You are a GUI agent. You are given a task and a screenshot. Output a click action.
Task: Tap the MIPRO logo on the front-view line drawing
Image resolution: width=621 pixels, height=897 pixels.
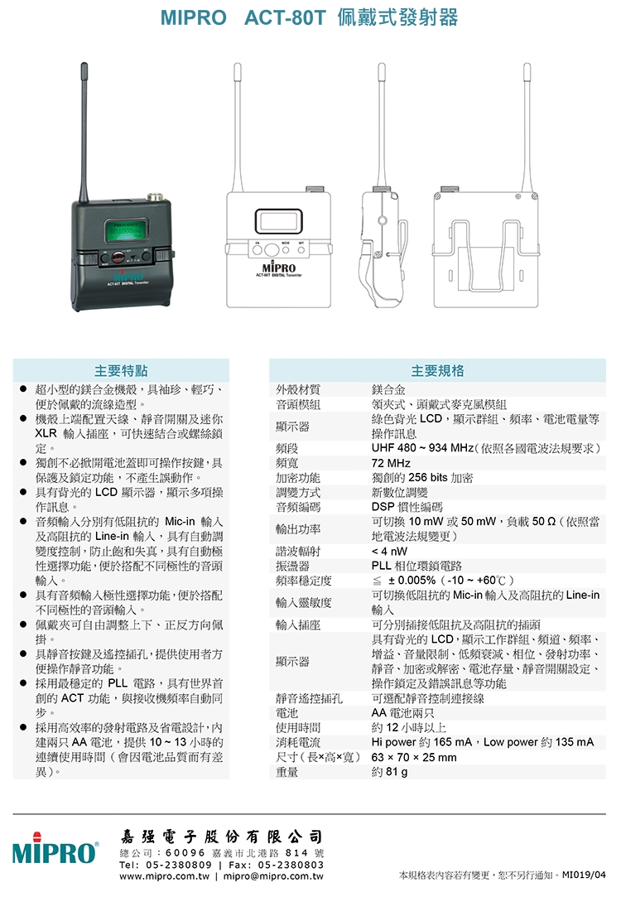pos(279,268)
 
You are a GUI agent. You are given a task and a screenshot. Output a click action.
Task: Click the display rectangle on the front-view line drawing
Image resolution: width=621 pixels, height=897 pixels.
pos(278,221)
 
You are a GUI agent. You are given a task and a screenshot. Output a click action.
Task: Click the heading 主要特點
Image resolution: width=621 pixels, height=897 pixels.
pos(121,371)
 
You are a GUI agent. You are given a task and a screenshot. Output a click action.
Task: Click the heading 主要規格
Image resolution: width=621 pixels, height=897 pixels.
pos(437,371)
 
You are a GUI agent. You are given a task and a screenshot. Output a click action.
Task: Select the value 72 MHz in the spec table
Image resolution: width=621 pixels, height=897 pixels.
pos(391,463)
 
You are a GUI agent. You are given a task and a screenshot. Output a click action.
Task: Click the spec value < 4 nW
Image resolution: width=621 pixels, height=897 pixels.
pos(389,551)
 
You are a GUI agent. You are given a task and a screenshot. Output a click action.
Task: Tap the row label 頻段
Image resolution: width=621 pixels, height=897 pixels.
pos(286,449)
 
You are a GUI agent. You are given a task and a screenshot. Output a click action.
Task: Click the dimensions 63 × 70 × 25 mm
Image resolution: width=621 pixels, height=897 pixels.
pos(414,757)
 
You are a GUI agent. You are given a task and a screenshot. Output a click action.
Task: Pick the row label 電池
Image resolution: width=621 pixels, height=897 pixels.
pos(286,713)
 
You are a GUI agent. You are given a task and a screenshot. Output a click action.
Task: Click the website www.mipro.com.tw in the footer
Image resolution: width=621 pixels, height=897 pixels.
pos(165,876)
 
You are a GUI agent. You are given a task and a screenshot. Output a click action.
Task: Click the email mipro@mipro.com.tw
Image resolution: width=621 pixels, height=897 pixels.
pos(273,876)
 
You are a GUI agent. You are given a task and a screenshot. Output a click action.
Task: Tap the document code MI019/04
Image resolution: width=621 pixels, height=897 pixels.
pos(584,875)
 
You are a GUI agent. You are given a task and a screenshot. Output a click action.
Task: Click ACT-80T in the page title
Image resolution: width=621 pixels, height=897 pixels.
pos(285,17)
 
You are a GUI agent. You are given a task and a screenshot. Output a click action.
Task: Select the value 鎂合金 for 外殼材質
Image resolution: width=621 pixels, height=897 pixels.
pos(388,389)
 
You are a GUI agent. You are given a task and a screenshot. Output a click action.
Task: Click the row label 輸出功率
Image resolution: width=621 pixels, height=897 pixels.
pos(298,529)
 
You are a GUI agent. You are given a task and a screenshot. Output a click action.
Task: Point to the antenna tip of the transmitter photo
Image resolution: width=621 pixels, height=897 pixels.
pos(84,64)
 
